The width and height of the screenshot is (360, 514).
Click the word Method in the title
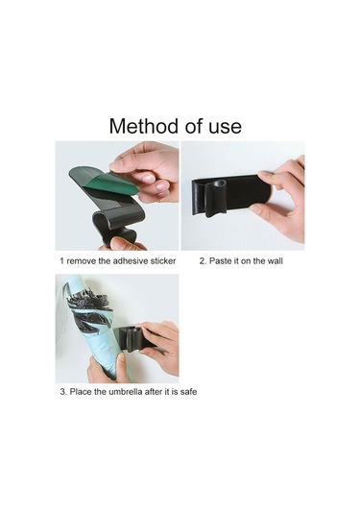[144, 126]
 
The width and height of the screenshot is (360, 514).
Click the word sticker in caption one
[163, 261]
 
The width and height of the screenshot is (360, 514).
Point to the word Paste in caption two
[219, 261]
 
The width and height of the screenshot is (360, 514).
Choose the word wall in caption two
[275, 261]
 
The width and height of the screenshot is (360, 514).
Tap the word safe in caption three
[189, 391]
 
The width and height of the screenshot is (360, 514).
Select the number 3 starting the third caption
[62, 392]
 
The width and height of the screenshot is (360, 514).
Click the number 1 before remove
[61, 261]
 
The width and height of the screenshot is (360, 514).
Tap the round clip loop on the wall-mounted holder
[215, 198]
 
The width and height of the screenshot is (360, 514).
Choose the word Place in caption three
[81, 391]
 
